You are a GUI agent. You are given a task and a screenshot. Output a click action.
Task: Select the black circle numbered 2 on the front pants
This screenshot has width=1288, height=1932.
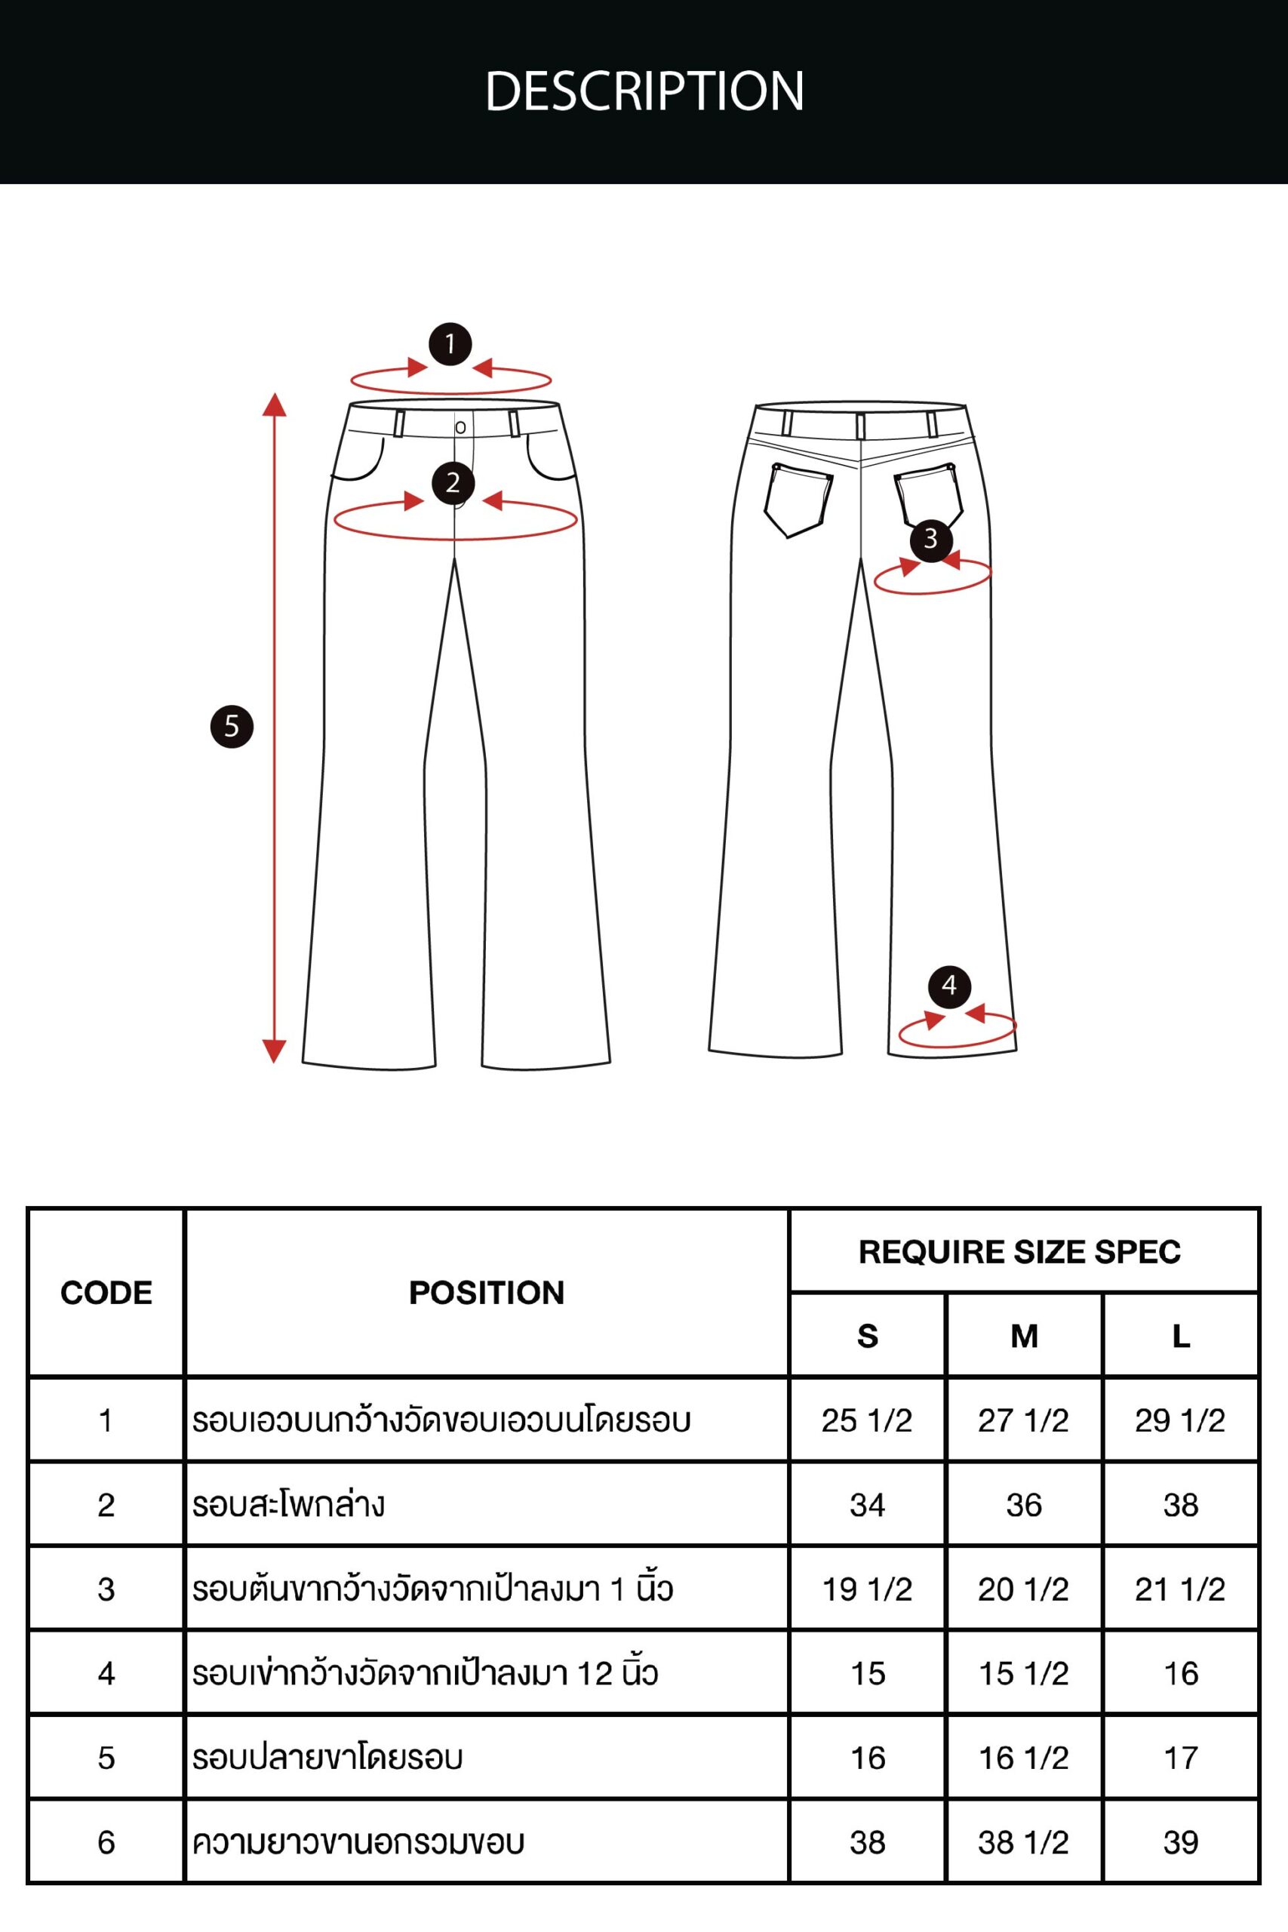tap(453, 483)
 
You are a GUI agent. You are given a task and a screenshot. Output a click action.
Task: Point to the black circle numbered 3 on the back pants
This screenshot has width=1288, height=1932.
tap(930, 539)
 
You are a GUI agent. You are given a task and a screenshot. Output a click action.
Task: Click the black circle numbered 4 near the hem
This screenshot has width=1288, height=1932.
tap(949, 986)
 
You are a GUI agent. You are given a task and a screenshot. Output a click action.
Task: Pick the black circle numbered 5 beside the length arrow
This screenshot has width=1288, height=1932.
tap(232, 726)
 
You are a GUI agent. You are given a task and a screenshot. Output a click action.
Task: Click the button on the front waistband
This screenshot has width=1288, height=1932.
tap(460, 427)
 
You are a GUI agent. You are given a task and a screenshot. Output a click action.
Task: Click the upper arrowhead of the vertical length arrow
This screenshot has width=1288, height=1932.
tap(275, 405)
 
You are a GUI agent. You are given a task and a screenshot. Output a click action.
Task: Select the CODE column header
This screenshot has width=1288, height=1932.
tap(106, 1293)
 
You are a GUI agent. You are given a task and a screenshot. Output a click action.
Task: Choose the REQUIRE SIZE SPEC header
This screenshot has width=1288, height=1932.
tap(1019, 1252)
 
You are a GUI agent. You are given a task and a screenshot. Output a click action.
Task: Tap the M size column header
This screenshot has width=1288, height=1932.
tap(1023, 1337)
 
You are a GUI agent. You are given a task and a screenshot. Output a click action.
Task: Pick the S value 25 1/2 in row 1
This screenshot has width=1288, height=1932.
tap(867, 1420)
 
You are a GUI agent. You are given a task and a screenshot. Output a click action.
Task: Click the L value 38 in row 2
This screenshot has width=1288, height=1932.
tap(1180, 1505)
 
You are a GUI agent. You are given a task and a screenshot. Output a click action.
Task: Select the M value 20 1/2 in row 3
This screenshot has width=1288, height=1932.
tap(1022, 1589)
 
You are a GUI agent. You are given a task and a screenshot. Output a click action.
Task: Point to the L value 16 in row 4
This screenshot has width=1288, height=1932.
tap(1180, 1673)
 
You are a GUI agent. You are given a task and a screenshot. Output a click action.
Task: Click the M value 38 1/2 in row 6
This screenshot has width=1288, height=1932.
tap(1022, 1842)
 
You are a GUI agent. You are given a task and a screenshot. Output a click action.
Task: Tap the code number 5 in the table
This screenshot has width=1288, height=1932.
tap(106, 1758)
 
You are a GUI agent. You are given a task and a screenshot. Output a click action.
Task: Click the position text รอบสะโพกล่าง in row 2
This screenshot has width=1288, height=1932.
tap(288, 1505)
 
